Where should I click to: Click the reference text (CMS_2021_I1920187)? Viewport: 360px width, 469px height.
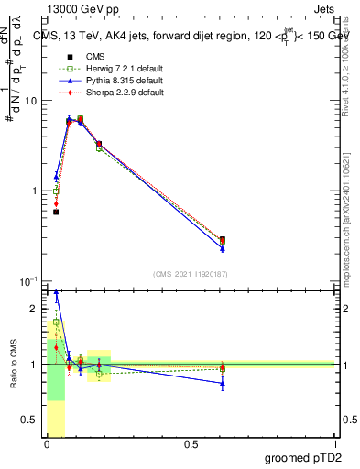[190, 273]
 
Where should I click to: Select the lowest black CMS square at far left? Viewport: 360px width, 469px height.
[56, 212]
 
